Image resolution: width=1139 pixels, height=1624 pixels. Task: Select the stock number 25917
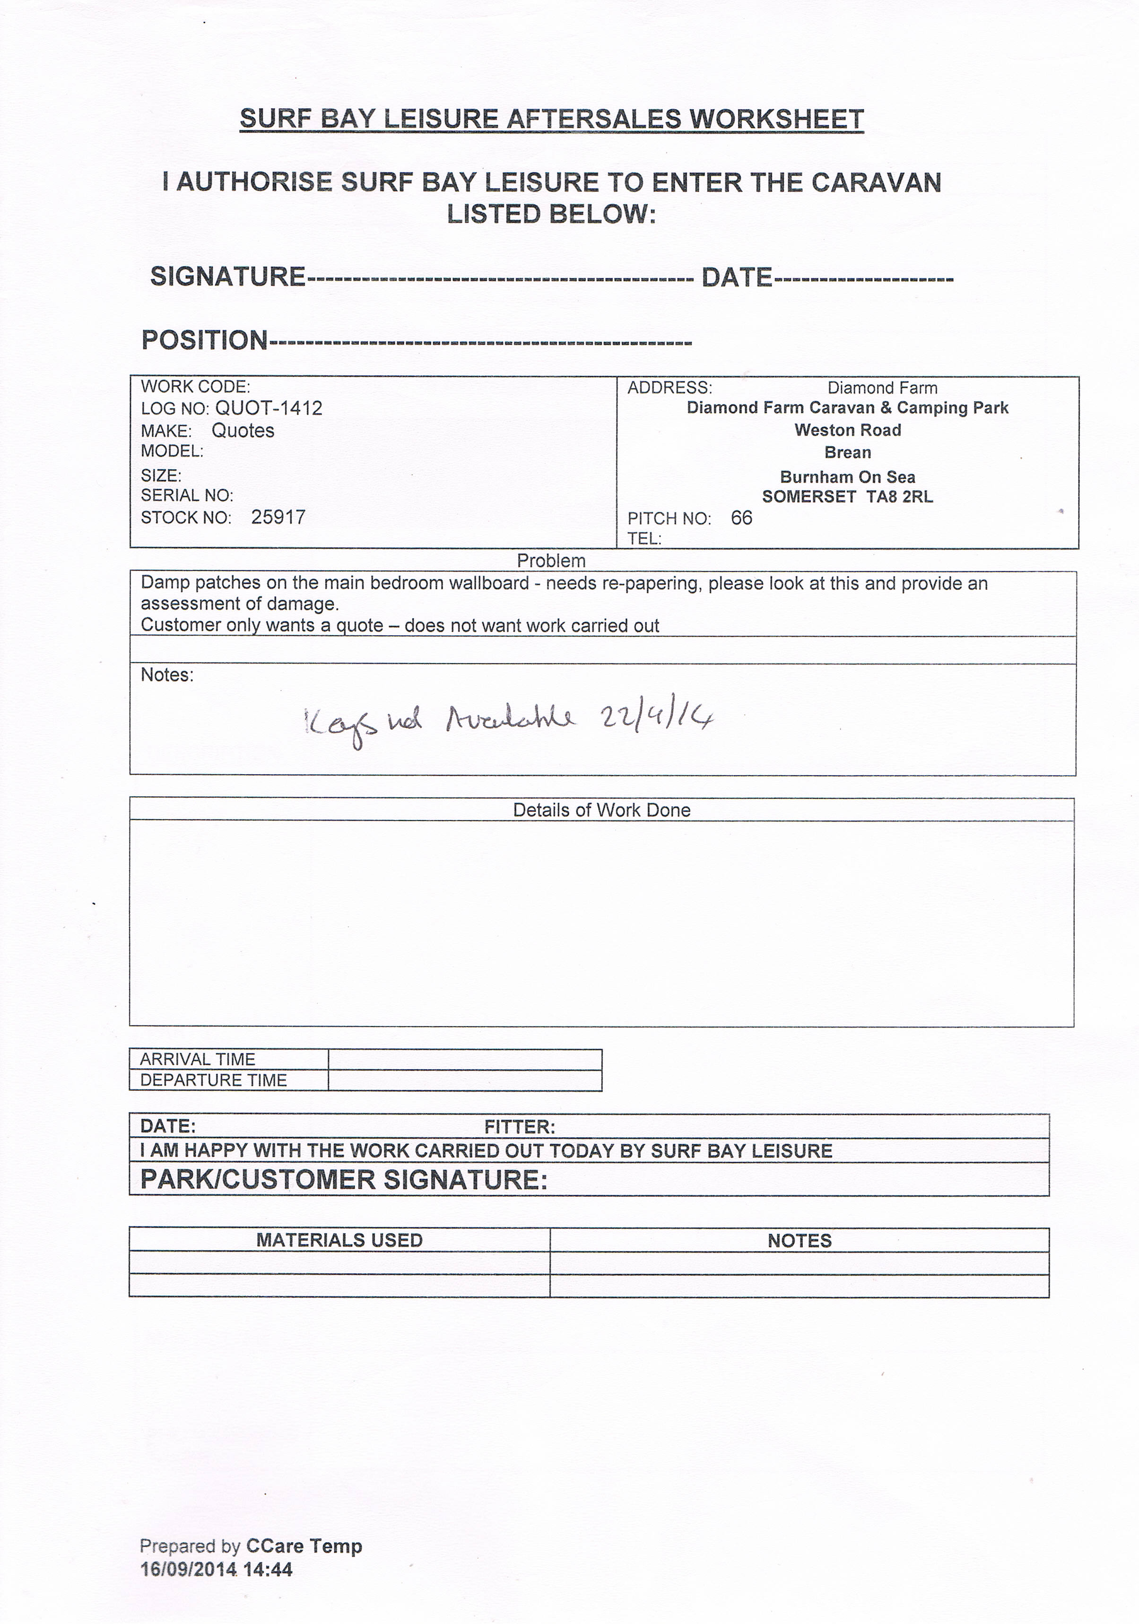point(278,517)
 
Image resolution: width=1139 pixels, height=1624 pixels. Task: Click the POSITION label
point(204,340)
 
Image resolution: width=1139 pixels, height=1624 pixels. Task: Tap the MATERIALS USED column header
point(339,1240)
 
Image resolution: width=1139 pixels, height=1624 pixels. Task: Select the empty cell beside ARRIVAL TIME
point(465,1059)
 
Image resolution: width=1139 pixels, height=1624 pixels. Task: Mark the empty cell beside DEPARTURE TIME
point(465,1080)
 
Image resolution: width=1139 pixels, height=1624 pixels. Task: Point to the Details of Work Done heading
point(601,810)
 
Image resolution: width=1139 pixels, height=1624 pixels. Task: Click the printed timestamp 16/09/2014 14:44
point(217,1570)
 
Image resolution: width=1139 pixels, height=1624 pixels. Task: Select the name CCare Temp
point(304,1546)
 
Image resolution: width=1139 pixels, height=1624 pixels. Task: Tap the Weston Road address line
point(848,430)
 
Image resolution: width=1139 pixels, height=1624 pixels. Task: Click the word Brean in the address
point(848,453)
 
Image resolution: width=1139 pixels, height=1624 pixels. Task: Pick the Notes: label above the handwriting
point(167,675)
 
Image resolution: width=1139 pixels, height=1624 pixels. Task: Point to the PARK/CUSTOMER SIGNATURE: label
point(344,1180)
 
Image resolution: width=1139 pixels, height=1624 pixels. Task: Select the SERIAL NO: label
point(187,495)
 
